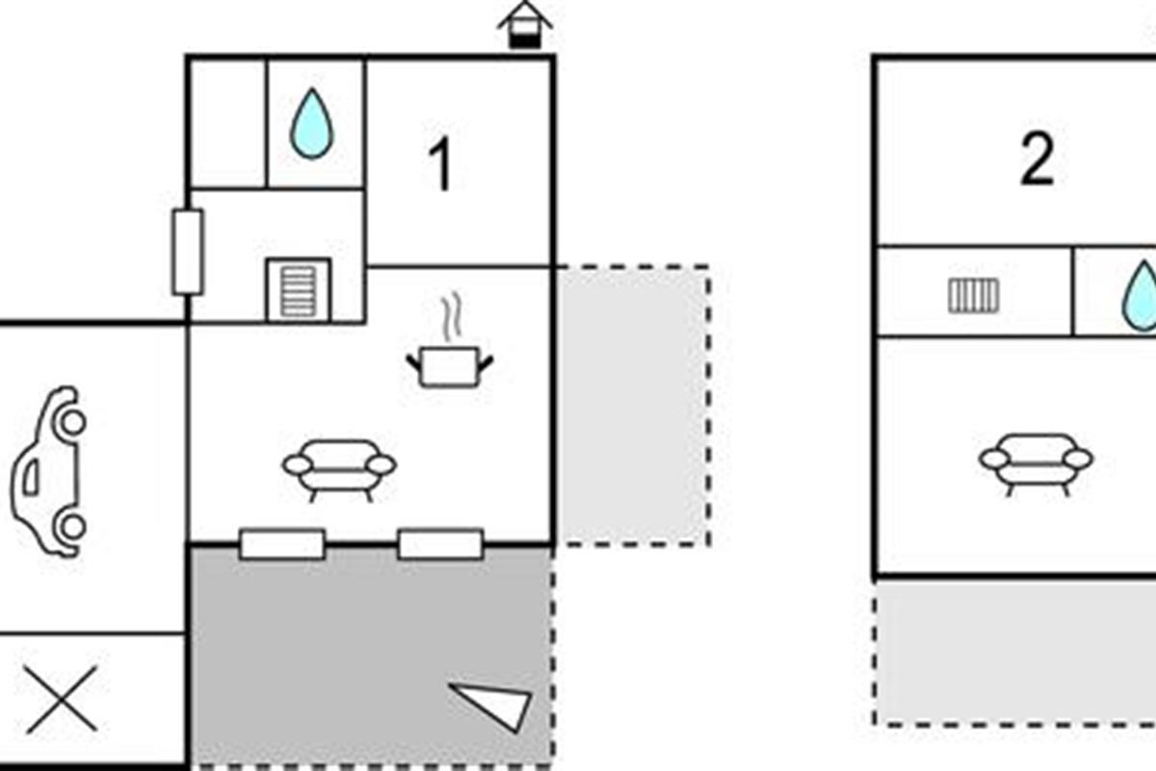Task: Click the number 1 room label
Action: point(441,165)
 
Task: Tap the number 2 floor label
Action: point(1037,159)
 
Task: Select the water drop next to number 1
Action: point(312,123)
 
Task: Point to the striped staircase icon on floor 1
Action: point(299,290)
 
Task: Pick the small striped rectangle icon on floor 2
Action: point(973,295)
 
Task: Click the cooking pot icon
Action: point(450,367)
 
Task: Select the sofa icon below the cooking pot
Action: point(339,470)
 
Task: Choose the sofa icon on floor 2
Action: point(1036,465)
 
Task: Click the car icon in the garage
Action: point(48,472)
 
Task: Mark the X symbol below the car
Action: point(62,700)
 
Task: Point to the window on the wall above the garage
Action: point(188,252)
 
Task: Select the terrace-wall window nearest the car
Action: point(282,545)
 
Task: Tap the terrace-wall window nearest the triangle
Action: point(441,545)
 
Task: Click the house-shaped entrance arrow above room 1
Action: point(525,25)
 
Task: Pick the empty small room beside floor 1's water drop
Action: point(228,123)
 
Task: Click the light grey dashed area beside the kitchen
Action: point(633,406)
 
